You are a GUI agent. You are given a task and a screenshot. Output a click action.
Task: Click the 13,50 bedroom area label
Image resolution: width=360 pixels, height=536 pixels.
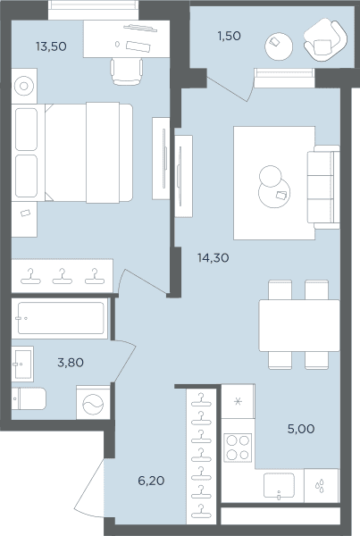[x=51, y=46]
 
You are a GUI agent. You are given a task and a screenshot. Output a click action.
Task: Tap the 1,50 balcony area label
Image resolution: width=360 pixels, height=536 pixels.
[x=229, y=36]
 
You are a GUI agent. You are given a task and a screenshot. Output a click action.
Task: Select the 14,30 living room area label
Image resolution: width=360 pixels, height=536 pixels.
[x=213, y=257]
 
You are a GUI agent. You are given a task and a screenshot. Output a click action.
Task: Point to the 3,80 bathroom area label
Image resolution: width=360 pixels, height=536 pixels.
[x=71, y=362]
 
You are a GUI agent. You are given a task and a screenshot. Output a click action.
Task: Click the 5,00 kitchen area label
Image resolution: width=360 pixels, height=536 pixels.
[x=301, y=428]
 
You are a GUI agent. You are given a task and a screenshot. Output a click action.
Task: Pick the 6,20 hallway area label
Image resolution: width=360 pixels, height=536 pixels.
[x=151, y=481]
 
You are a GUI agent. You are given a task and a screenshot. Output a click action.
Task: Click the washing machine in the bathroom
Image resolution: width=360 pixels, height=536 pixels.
[x=93, y=403]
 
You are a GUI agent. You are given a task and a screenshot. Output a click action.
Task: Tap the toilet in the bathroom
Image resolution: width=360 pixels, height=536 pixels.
[x=29, y=398]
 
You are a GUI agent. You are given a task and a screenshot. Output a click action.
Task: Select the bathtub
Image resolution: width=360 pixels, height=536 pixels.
[x=60, y=318]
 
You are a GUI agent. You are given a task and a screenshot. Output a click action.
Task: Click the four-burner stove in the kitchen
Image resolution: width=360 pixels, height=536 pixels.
[x=238, y=448]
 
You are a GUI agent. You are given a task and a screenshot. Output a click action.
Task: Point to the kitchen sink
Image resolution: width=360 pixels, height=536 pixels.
[x=279, y=485]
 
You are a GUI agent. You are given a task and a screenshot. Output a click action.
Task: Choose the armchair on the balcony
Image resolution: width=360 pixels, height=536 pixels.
[x=325, y=40]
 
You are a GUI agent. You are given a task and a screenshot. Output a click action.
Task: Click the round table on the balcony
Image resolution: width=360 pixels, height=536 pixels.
[x=279, y=46]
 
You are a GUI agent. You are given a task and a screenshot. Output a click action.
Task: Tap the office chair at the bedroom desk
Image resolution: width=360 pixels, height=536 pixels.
[x=127, y=71]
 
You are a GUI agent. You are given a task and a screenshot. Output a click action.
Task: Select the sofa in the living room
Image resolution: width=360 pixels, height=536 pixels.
[x=323, y=187]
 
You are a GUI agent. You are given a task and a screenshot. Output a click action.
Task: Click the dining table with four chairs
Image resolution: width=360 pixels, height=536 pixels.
[x=299, y=325]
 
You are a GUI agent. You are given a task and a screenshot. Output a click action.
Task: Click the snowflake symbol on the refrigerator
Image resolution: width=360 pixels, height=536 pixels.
[x=238, y=401]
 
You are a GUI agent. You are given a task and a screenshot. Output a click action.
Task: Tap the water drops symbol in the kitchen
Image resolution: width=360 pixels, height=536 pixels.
[x=320, y=486]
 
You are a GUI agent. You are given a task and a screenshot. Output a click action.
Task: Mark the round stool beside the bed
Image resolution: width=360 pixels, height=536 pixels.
[x=24, y=86]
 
